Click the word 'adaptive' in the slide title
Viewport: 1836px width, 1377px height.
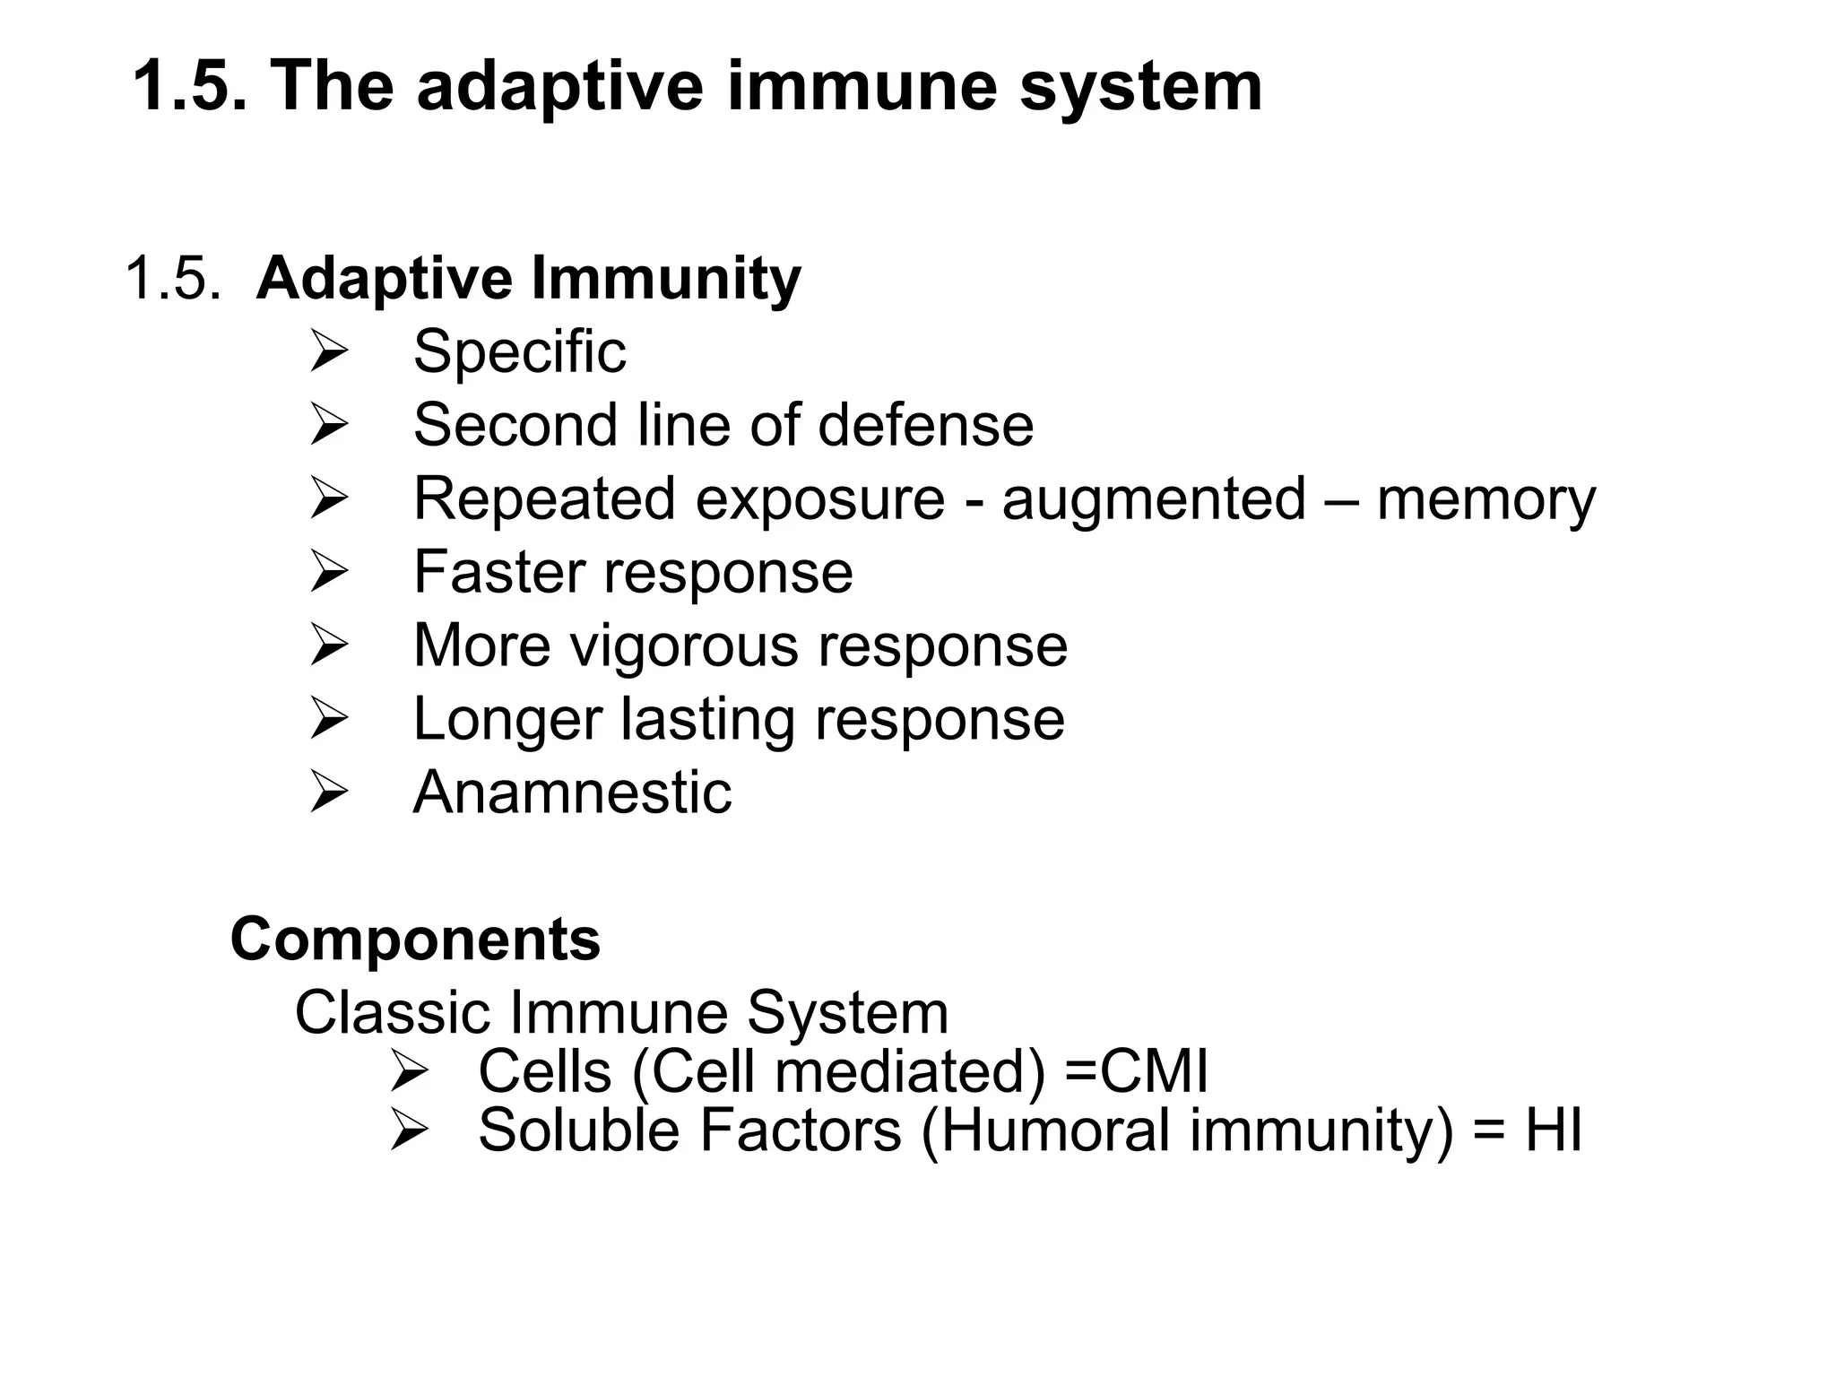point(559,87)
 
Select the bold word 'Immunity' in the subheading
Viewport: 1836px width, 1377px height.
point(666,278)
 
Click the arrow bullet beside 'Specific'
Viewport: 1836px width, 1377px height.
point(328,351)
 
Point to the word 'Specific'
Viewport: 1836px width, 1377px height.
point(519,351)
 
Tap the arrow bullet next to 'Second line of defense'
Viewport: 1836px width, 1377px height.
point(328,425)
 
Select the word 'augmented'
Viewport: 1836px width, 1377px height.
point(1154,499)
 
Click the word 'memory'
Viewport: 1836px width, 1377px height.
point(1485,499)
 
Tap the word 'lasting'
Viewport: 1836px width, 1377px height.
point(707,719)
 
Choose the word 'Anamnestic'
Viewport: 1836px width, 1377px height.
point(572,792)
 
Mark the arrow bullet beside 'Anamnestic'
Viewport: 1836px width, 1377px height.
point(328,792)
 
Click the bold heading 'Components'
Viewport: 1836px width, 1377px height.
point(415,940)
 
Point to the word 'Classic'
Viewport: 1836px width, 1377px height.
point(391,1013)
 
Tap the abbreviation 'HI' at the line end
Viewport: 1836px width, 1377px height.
point(1553,1130)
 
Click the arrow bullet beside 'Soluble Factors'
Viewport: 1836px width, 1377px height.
point(410,1130)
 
